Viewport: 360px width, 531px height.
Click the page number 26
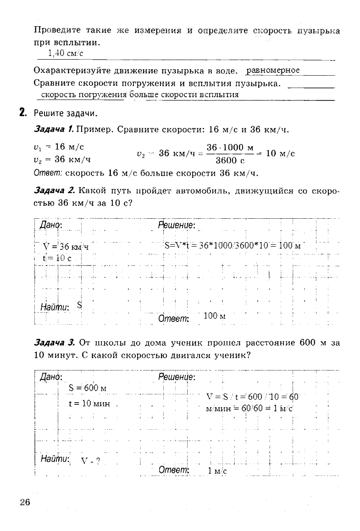coord(24,502)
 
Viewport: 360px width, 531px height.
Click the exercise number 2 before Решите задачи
coord(22,112)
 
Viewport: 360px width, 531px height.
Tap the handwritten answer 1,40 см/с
coord(66,53)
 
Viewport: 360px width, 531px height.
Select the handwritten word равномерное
coord(273,70)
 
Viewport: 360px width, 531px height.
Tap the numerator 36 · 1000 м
coord(230,148)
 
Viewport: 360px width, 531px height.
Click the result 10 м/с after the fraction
coord(280,154)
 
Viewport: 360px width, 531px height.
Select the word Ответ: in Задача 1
coord(48,174)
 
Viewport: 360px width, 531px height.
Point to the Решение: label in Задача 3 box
coord(177,377)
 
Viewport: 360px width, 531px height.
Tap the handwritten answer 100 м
coord(214,316)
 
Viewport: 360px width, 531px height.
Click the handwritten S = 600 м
coord(87,388)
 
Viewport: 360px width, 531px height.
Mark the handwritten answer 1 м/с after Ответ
coord(217,471)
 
